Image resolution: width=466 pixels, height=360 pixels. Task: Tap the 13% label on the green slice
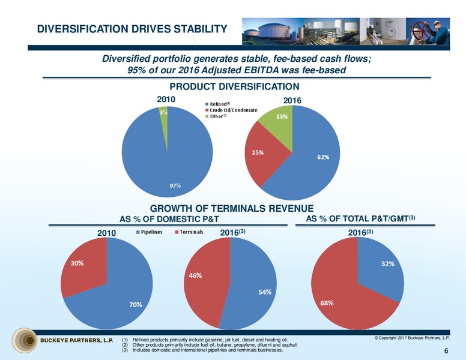(x=282, y=116)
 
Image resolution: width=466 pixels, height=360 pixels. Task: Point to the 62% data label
(x=323, y=157)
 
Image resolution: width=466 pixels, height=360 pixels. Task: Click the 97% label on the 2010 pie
(x=175, y=185)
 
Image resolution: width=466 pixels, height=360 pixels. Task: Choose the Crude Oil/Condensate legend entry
(x=231, y=110)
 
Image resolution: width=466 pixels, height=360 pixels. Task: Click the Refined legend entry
(x=218, y=104)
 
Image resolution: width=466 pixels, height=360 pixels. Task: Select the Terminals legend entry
(x=189, y=232)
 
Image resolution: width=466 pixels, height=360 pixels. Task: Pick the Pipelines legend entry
(x=149, y=232)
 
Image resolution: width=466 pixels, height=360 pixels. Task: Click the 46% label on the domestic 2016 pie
(x=195, y=275)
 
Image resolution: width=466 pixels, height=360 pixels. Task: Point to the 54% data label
(x=264, y=292)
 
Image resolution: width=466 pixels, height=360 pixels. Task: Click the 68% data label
(x=327, y=303)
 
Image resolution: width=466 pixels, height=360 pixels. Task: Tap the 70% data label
(x=136, y=305)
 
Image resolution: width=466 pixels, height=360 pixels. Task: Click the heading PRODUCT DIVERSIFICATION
(x=234, y=86)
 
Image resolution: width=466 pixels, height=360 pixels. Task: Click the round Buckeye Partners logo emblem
(x=25, y=340)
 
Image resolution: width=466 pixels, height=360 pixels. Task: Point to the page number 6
(x=446, y=351)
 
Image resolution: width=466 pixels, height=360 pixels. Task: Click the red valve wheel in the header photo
(x=419, y=30)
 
